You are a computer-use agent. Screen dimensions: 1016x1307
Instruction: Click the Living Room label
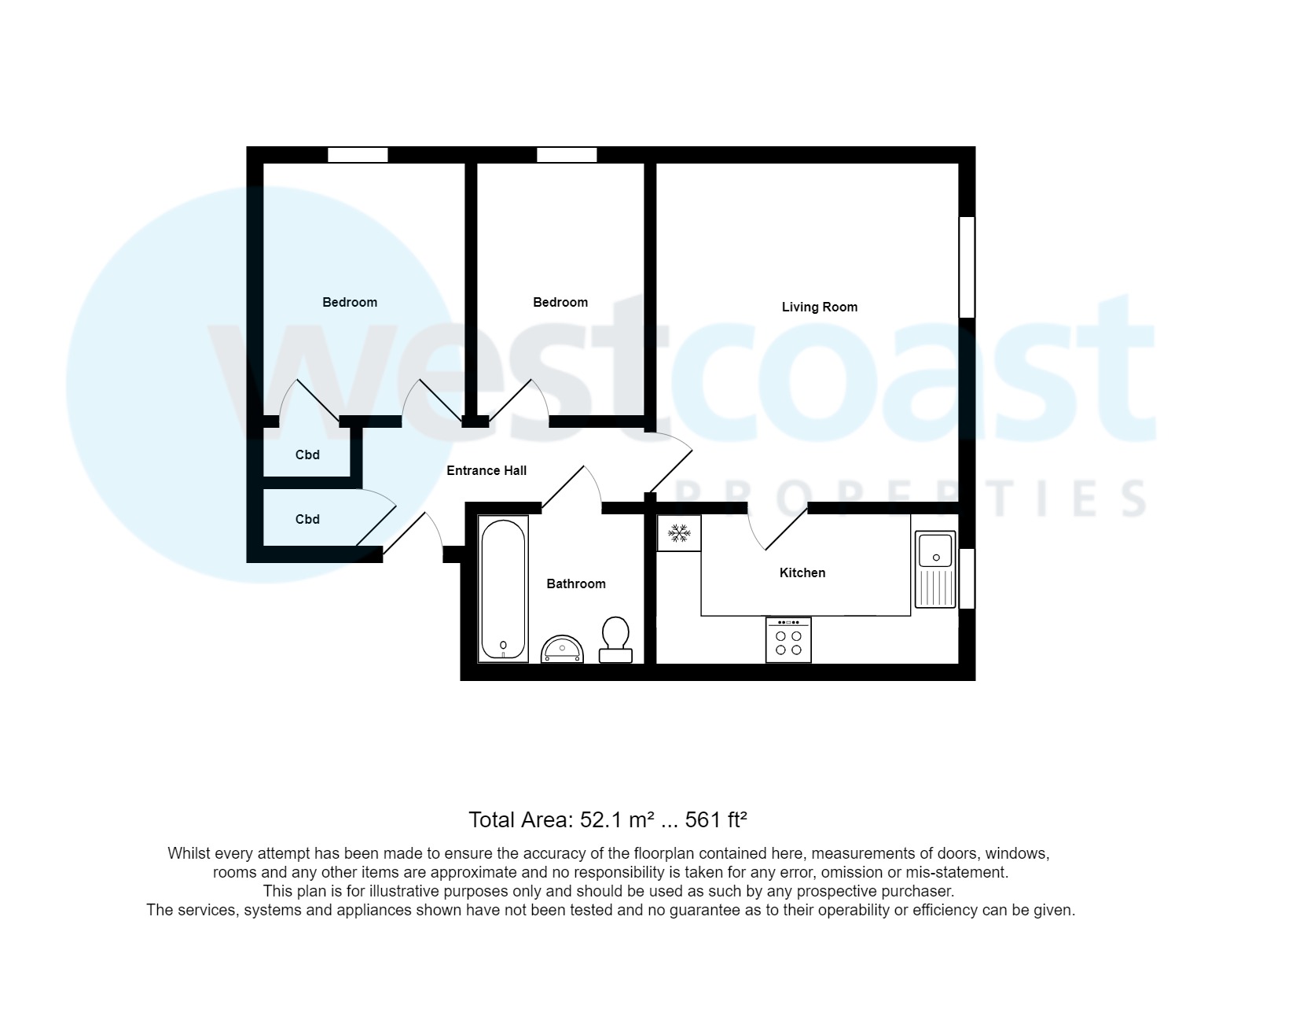[x=819, y=307]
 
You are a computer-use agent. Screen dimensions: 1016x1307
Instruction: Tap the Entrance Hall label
[x=486, y=470]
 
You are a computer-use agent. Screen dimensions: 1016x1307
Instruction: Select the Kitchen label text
[x=802, y=572]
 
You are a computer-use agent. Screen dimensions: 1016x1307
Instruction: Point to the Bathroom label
[x=575, y=583]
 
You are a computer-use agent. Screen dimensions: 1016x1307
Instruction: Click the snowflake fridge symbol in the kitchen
[x=678, y=533]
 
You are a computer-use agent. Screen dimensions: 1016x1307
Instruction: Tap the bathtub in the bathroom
[x=503, y=588]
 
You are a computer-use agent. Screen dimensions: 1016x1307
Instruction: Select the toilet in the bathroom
[x=615, y=639]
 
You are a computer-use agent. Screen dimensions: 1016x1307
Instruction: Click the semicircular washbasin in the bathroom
[x=563, y=650]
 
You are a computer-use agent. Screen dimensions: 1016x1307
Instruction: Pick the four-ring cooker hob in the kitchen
[x=788, y=640]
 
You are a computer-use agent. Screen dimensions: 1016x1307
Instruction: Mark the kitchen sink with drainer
[x=935, y=571]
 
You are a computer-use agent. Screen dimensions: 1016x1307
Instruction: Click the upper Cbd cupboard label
[x=307, y=455]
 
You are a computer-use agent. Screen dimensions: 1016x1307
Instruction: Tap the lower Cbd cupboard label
[x=307, y=519]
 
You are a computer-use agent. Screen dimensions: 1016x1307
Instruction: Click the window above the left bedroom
[x=358, y=155]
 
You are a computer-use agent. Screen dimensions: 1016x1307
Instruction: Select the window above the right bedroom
[x=567, y=155]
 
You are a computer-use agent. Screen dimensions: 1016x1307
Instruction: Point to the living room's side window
[x=967, y=267]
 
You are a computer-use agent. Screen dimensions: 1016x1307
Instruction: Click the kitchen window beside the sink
[x=967, y=578]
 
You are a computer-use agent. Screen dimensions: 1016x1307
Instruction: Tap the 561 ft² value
[x=715, y=820]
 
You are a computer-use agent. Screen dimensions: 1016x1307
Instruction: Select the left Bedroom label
[x=350, y=302]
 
